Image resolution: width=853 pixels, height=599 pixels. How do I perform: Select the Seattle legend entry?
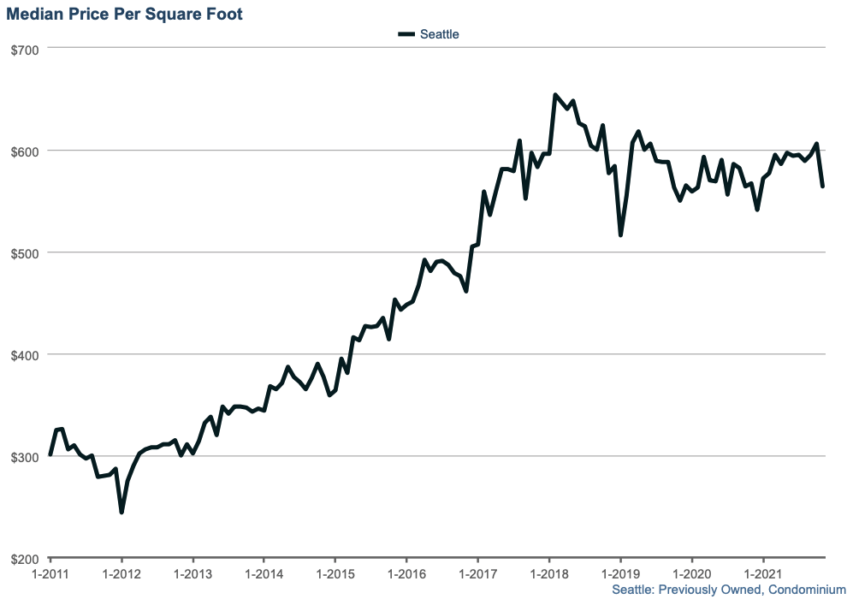(x=439, y=34)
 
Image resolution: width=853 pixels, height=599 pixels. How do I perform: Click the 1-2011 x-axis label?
(x=50, y=572)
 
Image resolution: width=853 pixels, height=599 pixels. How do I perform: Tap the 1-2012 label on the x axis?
(x=121, y=572)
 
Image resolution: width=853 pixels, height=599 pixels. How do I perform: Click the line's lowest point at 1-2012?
(x=121, y=512)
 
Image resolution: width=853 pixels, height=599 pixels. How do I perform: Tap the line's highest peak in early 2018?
(x=555, y=95)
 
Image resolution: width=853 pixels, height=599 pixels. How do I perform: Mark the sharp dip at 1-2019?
(x=620, y=234)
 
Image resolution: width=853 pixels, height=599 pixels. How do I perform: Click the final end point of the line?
(x=823, y=186)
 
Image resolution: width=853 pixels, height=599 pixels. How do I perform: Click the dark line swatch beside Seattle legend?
(x=406, y=34)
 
